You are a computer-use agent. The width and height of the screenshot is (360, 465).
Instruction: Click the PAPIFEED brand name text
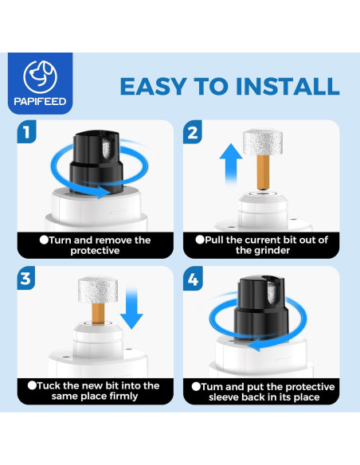(40, 101)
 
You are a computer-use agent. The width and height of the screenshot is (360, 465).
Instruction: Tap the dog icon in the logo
(40, 77)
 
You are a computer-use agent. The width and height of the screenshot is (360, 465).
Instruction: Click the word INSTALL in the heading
(288, 86)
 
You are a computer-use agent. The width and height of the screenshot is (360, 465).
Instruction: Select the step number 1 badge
(27, 131)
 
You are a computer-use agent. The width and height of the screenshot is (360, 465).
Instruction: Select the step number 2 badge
(193, 132)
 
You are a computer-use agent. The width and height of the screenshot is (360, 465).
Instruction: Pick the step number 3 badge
(26, 278)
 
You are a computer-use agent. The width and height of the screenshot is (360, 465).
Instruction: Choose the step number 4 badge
(193, 279)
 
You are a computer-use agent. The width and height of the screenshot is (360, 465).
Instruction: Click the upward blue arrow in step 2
(231, 164)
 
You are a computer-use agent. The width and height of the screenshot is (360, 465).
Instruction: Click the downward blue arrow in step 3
(131, 308)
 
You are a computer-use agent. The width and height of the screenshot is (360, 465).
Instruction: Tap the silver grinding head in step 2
(263, 142)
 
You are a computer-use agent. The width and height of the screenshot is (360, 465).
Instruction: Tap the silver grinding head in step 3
(98, 290)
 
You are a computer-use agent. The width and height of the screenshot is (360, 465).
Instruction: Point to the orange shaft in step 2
(263, 173)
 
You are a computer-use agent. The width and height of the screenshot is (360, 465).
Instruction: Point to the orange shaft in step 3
(98, 314)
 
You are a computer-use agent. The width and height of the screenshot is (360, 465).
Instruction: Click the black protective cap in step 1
(96, 162)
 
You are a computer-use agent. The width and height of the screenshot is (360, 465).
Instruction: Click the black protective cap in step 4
(261, 307)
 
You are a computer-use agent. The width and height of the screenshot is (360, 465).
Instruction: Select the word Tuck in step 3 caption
(49, 385)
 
